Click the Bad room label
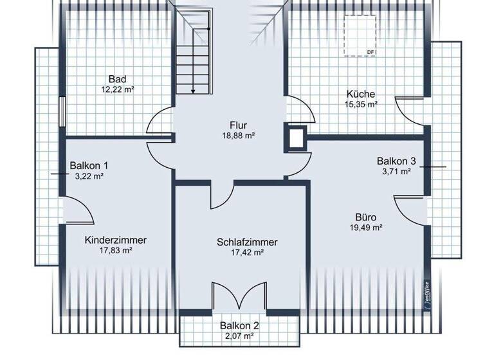(116, 79)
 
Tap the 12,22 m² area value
(118, 90)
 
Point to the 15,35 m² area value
(360, 104)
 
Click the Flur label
(238, 125)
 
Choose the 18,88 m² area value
(239, 136)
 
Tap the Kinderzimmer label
(116, 240)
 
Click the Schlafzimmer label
(247, 242)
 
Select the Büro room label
(366, 217)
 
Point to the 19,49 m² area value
(367, 228)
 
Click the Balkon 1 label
(89, 165)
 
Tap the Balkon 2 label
(239, 325)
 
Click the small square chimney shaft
(297, 138)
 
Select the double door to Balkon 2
(239, 296)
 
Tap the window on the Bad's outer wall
(62, 112)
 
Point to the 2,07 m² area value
(239, 336)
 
